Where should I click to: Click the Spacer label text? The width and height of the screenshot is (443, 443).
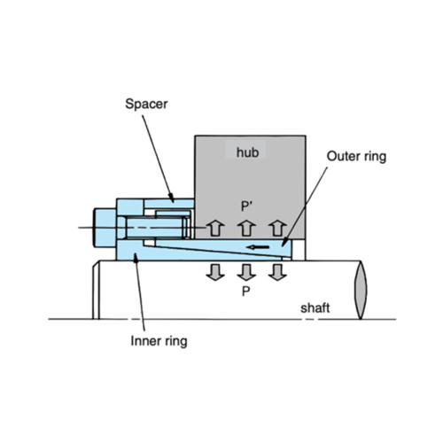[x=146, y=104]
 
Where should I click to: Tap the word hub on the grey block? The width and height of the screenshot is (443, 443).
[x=247, y=152]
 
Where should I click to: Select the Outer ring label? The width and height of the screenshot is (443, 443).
[x=356, y=157]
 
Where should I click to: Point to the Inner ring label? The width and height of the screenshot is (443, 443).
[x=159, y=341]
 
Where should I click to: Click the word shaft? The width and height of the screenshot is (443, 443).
[x=315, y=308]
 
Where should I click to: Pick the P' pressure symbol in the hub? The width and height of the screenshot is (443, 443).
[x=246, y=206]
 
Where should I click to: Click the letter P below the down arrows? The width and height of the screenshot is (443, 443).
[x=246, y=291]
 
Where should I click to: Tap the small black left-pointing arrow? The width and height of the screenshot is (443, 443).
[x=258, y=247]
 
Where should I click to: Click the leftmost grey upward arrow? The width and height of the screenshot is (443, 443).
[x=215, y=229]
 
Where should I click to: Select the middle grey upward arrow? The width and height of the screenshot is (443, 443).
[x=246, y=229]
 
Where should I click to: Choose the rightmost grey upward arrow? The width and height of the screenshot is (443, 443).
[x=277, y=229]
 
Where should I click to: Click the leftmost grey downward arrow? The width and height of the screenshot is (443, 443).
[x=215, y=272]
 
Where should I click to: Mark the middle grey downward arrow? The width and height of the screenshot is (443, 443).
[x=246, y=272]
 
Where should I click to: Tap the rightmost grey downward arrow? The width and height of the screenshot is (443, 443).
[x=277, y=272]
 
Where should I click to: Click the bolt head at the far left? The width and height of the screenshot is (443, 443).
[x=105, y=228]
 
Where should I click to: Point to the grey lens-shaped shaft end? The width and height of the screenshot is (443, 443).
[x=361, y=290]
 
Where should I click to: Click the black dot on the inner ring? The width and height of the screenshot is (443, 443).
[x=136, y=260]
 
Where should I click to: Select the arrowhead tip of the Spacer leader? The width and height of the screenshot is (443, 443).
[x=173, y=202]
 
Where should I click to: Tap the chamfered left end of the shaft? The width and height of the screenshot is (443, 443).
[x=96, y=290]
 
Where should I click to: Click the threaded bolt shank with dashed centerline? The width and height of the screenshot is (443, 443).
[x=156, y=228]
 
